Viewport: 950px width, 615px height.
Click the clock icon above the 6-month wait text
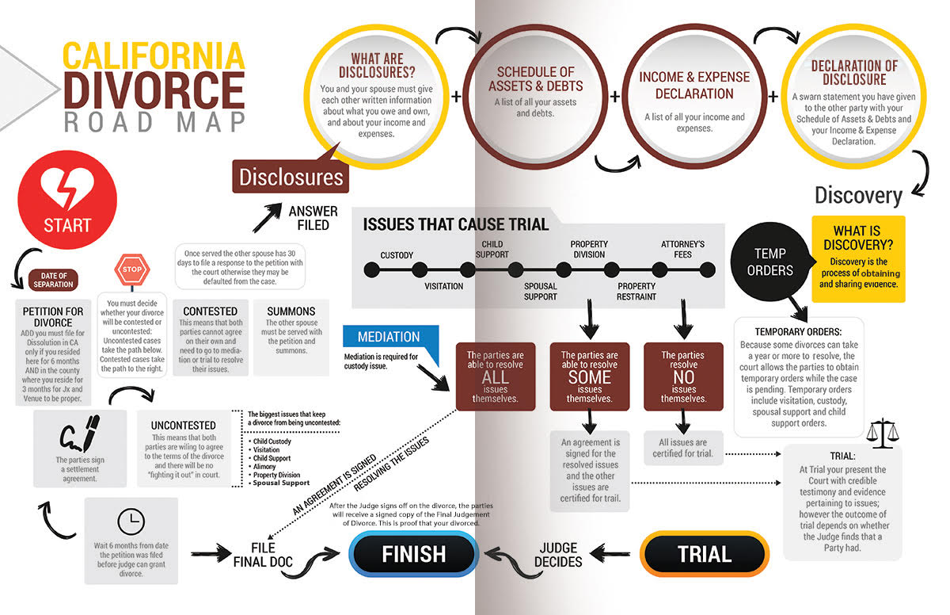[131, 520]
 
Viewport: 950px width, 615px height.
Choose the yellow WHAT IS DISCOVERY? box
[859, 258]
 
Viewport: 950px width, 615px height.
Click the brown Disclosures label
[291, 177]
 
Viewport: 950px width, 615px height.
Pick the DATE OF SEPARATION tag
[53, 280]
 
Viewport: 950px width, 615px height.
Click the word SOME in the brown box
[589, 378]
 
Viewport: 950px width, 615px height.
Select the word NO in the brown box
[683, 378]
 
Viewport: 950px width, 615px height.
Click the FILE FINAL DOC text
[264, 554]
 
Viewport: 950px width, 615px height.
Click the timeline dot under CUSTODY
[372, 270]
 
